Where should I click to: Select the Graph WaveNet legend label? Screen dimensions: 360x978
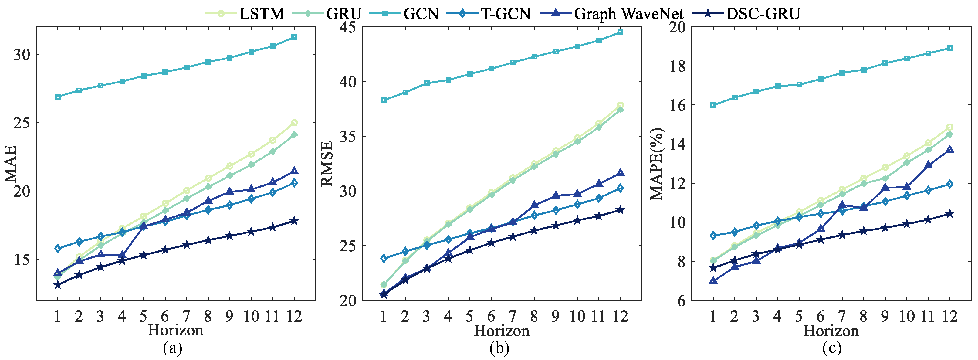click(628, 14)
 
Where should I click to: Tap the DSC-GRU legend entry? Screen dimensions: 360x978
click(763, 14)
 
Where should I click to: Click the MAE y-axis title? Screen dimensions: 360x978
click(11, 164)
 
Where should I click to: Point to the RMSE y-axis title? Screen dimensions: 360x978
click(327, 164)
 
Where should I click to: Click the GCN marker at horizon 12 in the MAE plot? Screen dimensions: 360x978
click(294, 37)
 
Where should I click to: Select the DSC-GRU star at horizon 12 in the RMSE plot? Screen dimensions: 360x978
click(620, 210)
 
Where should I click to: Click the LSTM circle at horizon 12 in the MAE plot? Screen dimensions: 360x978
click(294, 123)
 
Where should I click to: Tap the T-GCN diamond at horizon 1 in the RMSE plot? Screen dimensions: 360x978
click(384, 258)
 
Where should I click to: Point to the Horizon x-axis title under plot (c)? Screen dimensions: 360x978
click(831, 331)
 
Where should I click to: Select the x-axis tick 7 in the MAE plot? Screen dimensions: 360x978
click(186, 316)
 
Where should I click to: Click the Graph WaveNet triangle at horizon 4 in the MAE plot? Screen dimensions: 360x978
click(122, 255)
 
